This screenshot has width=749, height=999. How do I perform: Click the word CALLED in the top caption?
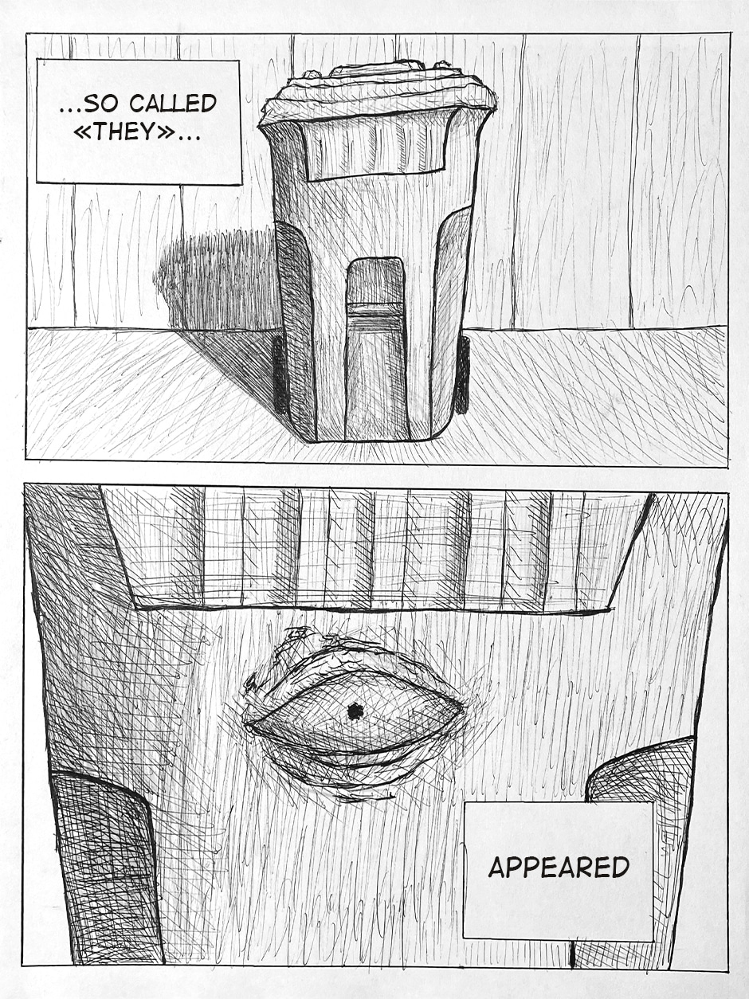click(x=172, y=104)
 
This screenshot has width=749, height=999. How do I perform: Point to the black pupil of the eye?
click(x=353, y=711)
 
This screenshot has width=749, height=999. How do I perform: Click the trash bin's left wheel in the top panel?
click(x=280, y=375)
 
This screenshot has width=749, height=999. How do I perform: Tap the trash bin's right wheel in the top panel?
click(x=462, y=375)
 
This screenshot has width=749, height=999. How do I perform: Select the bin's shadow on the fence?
click(x=216, y=282)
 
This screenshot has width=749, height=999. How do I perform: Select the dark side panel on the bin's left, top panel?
click(x=296, y=327)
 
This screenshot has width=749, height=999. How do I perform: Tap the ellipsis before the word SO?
click(x=72, y=109)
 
